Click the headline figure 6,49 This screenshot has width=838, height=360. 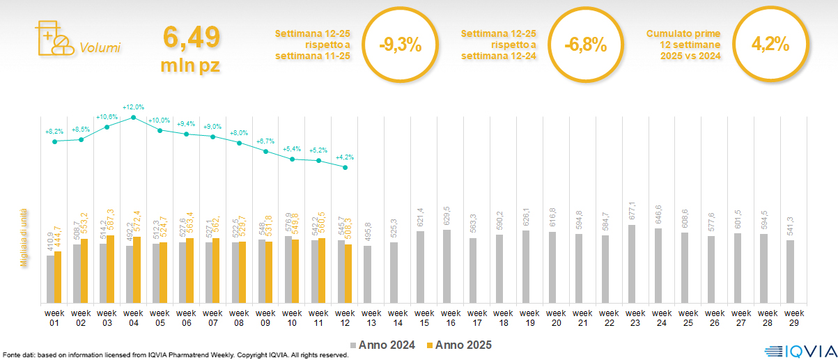192,36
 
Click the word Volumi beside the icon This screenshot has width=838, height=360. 100,48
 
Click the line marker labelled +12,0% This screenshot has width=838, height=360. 133,118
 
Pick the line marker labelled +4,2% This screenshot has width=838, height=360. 345,167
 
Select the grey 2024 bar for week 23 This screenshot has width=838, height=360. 632,264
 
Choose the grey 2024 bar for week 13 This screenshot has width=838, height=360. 367,274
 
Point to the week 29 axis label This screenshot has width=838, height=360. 791,317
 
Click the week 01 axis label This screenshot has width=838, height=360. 54,317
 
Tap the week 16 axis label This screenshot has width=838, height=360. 451,317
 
